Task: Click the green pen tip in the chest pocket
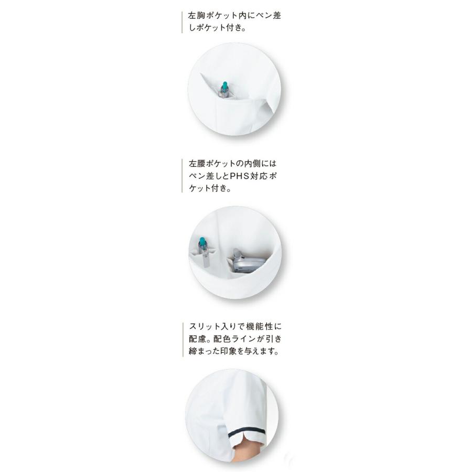pyautogui.click(x=225, y=85)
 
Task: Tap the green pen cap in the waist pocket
pyautogui.click(x=202, y=242)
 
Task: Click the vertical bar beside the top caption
pyautogui.click(x=182, y=22)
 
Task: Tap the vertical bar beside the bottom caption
pyautogui.click(x=182, y=340)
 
